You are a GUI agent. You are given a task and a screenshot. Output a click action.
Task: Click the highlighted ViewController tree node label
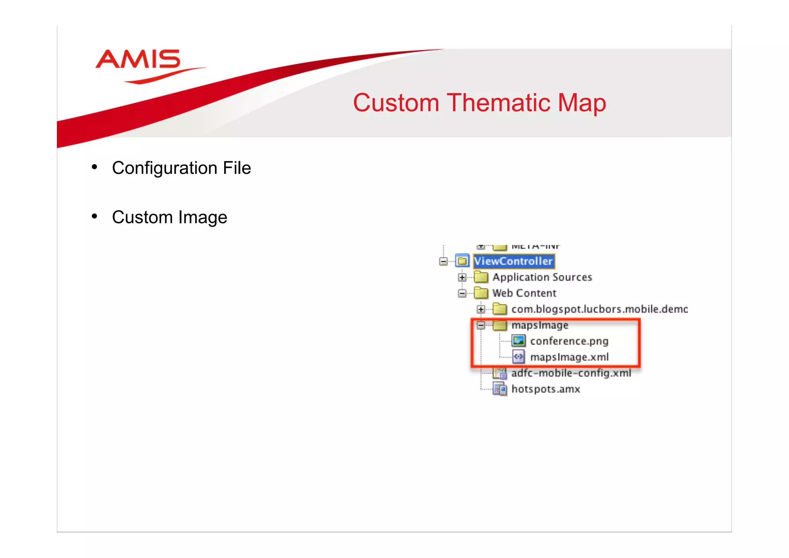click(x=513, y=261)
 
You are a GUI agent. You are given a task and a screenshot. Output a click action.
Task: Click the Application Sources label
click(x=542, y=277)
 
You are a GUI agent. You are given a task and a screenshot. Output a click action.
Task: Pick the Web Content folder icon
click(x=481, y=293)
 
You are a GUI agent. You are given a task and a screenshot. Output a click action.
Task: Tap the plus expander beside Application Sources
click(x=462, y=277)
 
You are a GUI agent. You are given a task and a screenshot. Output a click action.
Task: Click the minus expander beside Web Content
click(x=462, y=293)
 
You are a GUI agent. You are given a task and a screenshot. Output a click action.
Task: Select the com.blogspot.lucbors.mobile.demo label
click(x=599, y=309)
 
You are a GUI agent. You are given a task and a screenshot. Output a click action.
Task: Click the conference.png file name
click(x=569, y=341)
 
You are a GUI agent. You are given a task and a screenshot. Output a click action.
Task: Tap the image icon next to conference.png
click(x=519, y=341)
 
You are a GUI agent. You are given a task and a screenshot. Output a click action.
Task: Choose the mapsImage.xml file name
click(x=569, y=357)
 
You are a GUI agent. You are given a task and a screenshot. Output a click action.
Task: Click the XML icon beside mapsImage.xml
click(x=519, y=357)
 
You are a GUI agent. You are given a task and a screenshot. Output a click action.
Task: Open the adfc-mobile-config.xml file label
click(x=571, y=373)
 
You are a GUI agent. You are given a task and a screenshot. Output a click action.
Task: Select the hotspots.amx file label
click(x=546, y=389)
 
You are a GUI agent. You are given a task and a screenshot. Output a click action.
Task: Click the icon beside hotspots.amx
click(x=500, y=389)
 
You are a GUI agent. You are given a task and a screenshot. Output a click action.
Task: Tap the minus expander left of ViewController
click(x=443, y=261)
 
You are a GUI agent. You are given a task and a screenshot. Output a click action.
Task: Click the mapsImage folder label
click(x=540, y=325)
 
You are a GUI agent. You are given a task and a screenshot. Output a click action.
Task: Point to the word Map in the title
click(x=582, y=103)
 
